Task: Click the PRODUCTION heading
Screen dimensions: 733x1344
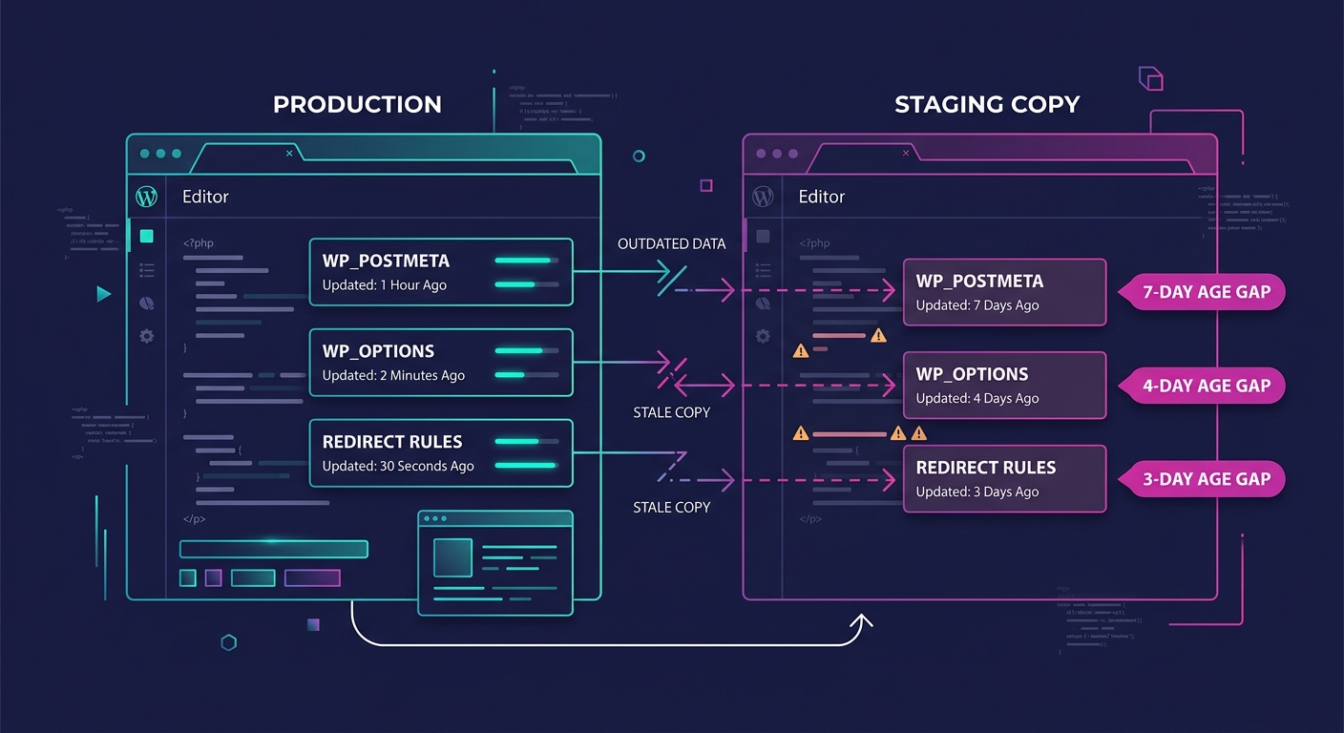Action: point(357,105)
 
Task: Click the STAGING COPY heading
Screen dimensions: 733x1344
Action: point(987,105)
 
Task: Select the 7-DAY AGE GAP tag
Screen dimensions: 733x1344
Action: point(1206,292)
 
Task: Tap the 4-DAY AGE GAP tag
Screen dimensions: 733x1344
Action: point(1206,386)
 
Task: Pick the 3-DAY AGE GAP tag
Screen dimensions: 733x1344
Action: point(1206,479)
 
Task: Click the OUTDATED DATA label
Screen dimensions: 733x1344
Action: point(671,244)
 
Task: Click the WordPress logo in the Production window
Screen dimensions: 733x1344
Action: point(146,197)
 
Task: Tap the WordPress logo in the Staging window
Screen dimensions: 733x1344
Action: point(763,197)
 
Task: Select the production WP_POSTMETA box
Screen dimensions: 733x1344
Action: point(440,272)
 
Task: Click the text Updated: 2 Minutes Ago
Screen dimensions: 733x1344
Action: point(393,376)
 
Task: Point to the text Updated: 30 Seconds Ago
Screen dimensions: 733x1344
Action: point(398,467)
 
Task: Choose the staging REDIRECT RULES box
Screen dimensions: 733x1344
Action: point(1004,478)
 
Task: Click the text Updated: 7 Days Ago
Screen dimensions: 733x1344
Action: point(977,305)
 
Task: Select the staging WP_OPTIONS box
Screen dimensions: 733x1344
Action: point(1004,385)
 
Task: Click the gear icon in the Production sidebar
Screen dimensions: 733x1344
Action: point(146,336)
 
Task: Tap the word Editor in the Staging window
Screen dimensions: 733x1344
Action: point(822,197)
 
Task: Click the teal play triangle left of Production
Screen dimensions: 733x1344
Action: point(104,294)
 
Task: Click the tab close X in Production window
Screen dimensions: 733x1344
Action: point(290,153)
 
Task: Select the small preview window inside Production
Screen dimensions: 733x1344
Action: point(494,563)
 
